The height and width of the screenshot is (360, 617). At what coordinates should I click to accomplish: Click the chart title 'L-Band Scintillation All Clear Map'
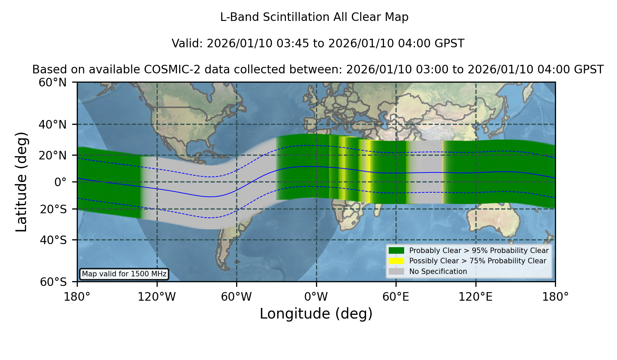[x=314, y=17]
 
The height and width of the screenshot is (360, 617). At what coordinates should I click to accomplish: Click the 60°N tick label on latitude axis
[x=53, y=83]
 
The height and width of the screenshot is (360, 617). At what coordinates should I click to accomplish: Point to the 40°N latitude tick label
[x=53, y=124]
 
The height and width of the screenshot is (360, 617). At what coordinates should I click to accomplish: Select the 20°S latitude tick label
[x=53, y=209]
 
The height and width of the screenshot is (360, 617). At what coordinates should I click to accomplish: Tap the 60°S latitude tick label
[x=53, y=282]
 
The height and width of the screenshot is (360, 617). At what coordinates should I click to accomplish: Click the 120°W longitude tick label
[x=157, y=297]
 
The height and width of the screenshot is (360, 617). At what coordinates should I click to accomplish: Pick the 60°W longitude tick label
[x=237, y=297]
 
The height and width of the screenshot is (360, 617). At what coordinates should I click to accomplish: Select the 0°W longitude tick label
[x=316, y=297]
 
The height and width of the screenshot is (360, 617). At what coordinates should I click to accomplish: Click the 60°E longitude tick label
[x=396, y=297]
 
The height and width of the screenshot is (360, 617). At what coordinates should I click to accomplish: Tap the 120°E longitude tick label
[x=476, y=297]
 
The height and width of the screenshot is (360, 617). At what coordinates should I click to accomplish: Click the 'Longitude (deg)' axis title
[x=316, y=314]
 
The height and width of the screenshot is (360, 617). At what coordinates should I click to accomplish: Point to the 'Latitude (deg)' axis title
[x=22, y=182]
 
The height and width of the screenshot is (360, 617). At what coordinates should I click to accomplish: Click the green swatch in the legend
[x=396, y=250]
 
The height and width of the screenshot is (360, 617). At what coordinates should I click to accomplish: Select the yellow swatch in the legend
[x=396, y=261]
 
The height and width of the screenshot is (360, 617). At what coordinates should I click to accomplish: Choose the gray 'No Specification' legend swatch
[x=396, y=272]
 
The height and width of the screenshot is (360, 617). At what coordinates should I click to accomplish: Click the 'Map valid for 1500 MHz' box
[x=124, y=274]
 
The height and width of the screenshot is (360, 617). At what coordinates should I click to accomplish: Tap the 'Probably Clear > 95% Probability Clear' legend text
[x=479, y=251]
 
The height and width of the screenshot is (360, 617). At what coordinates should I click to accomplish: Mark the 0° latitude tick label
[x=60, y=182]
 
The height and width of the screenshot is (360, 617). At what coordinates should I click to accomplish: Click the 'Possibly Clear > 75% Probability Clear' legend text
[x=478, y=261]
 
